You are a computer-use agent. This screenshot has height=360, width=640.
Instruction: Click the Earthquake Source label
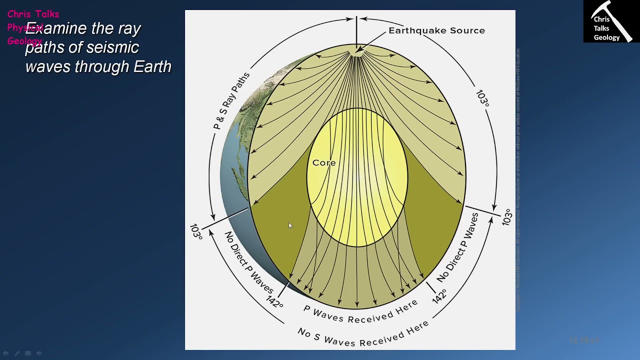click(x=436, y=30)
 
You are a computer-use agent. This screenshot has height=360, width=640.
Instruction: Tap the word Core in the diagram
click(x=324, y=163)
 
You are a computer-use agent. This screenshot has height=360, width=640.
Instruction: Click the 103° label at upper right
click(x=482, y=98)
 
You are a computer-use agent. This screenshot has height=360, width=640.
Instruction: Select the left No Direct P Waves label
click(x=248, y=262)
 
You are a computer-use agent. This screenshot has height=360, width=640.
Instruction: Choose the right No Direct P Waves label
click(x=457, y=247)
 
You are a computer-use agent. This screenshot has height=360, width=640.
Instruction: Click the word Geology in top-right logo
click(x=606, y=37)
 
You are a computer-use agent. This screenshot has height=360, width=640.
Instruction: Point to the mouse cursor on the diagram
click(x=290, y=226)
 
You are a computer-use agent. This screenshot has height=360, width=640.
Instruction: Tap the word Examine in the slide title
click(x=56, y=28)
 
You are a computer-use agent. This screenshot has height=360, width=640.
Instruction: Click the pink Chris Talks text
click(x=33, y=14)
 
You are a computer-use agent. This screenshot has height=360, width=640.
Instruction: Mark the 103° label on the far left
click(x=196, y=231)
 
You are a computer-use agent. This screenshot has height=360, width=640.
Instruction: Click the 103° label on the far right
click(x=507, y=217)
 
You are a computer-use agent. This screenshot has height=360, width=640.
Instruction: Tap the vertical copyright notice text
click(x=518, y=180)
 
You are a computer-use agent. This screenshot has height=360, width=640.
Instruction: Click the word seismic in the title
click(x=112, y=47)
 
